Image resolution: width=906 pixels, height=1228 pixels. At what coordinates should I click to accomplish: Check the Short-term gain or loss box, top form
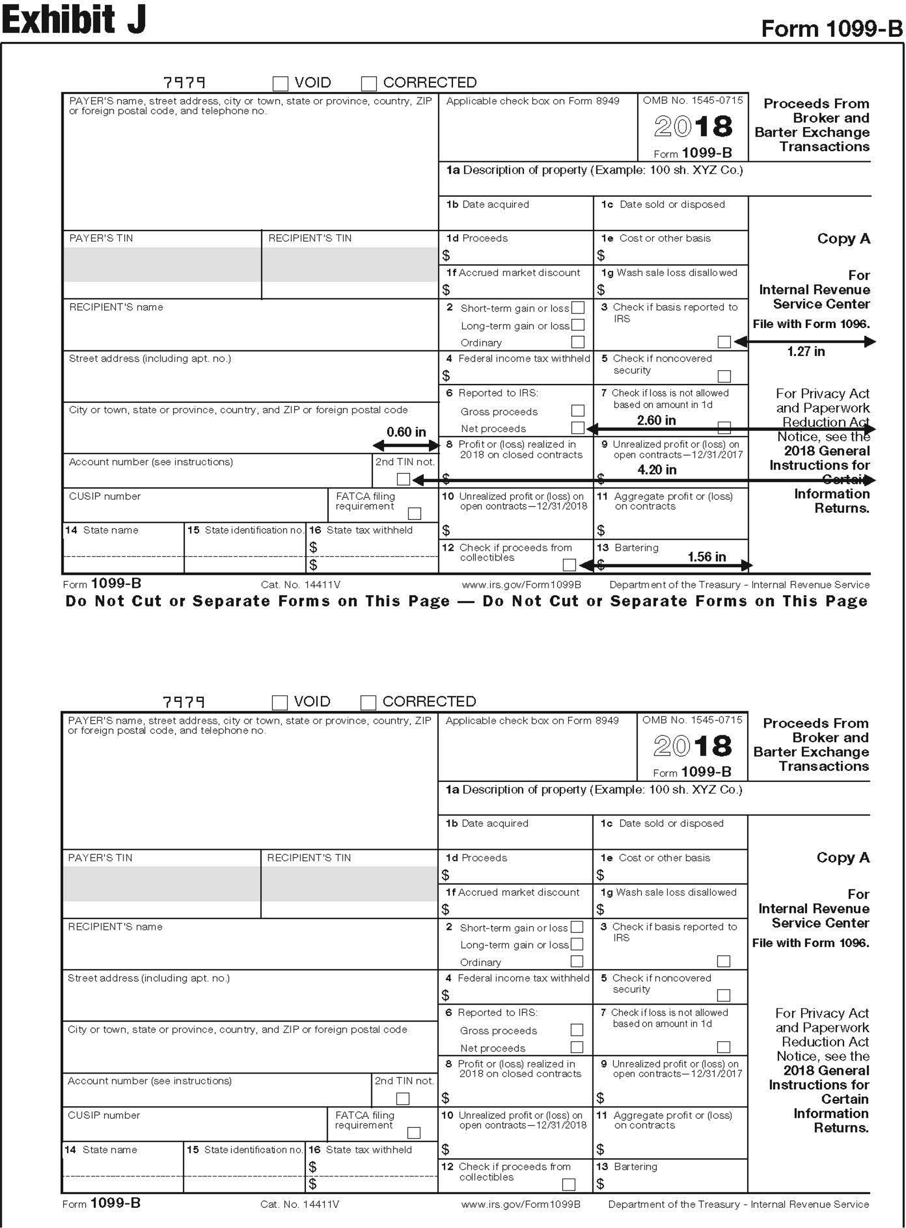[x=577, y=308]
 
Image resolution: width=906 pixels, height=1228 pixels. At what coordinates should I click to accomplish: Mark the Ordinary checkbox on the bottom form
[x=576, y=961]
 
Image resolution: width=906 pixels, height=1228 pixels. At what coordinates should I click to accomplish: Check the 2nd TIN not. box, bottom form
[x=403, y=1098]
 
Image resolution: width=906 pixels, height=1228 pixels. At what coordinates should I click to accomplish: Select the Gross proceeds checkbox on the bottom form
[x=576, y=1030]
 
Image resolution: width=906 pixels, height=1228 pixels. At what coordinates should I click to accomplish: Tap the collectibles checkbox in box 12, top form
[x=569, y=564]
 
